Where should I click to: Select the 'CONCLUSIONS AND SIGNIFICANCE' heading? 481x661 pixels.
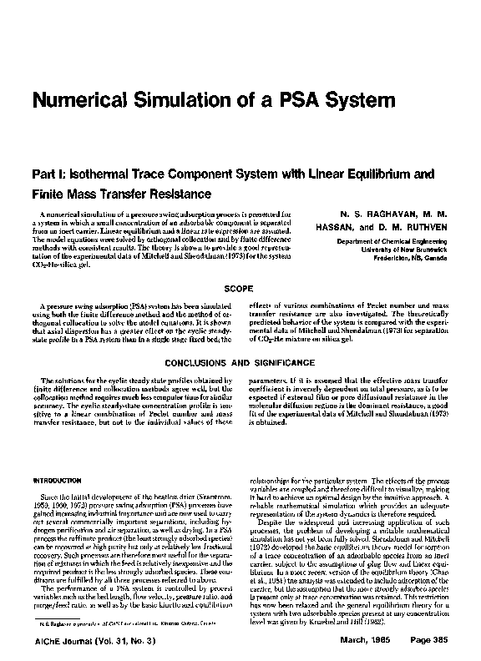click(240, 364)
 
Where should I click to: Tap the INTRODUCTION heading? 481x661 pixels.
click(54, 482)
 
